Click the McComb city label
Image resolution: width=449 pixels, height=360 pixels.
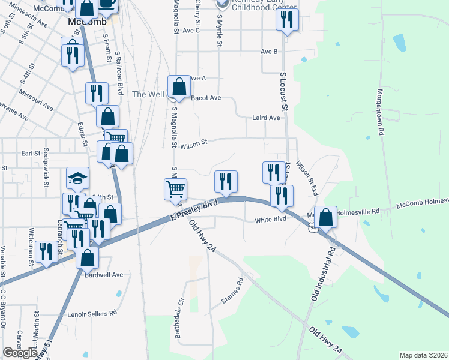pyautogui.click(x=87, y=22)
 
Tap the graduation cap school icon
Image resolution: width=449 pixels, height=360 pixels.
pyautogui.click(x=77, y=178)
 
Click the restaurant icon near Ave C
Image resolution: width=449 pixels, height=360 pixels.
pyautogui.click(x=287, y=19)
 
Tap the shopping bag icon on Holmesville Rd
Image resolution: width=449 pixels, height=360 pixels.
pyautogui.click(x=325, y=217)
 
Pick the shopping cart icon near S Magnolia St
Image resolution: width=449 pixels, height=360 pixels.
pyautogui.click(x=175, y=190)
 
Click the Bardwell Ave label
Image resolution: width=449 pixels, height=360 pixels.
pyautogui.click(x=104, y=275)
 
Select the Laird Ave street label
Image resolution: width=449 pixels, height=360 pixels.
pyautogui.click(x=266, y=118)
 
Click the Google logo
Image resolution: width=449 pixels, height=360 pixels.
pyautogui.click(x=20, y=353)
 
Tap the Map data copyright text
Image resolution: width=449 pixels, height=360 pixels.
pyautogui.click(x=424, y=355)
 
